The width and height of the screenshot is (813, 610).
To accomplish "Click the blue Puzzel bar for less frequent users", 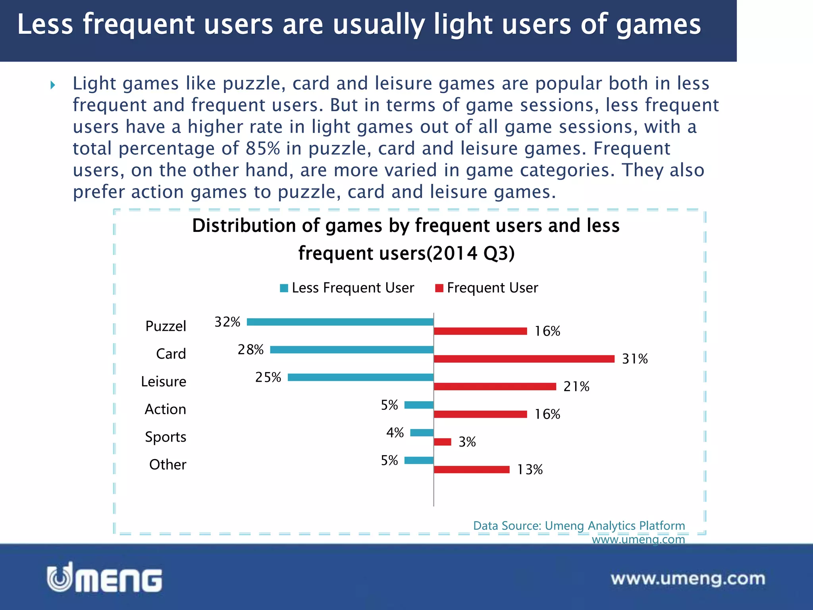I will click(x=340, y=322).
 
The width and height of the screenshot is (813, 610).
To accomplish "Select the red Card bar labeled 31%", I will click(x=524, y=359).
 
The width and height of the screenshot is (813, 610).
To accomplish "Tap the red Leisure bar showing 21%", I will click(x=495, y=387).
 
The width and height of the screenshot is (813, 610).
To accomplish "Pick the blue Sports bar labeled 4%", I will click(x=422, y=433).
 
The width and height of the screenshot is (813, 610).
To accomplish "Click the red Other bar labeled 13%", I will click(x=472, y=470).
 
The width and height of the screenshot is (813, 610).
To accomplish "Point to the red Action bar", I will click(x=480, y=415).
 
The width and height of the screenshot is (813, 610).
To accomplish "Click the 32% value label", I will click(x=227, y=322).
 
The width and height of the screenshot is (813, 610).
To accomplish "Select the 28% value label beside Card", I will click(x=250, y=349).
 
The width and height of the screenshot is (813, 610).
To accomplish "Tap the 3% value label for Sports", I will click(x=467, y=442).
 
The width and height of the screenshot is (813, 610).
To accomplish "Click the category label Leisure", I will click(x=164, y=382).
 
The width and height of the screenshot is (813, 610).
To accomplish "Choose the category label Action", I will click(x=165, y=409).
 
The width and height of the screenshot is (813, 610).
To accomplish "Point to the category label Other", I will click(x=168, y=465).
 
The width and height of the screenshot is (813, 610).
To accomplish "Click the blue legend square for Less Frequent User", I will click(x=284, y=288).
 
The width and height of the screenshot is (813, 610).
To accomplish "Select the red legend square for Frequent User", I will click(x=439, y=288).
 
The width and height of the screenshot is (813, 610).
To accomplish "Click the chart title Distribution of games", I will click(x=406, y=239).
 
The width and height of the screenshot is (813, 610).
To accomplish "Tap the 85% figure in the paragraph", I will click(x=263, y=149).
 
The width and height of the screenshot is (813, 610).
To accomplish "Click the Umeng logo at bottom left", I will click(x=105, y=578).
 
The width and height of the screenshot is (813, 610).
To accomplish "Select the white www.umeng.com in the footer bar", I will click(x=688, y=579).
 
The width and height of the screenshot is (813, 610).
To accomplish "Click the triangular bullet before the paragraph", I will click(x=53, y=85).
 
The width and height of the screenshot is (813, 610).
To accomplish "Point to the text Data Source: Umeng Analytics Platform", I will click(x=579, y=526).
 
